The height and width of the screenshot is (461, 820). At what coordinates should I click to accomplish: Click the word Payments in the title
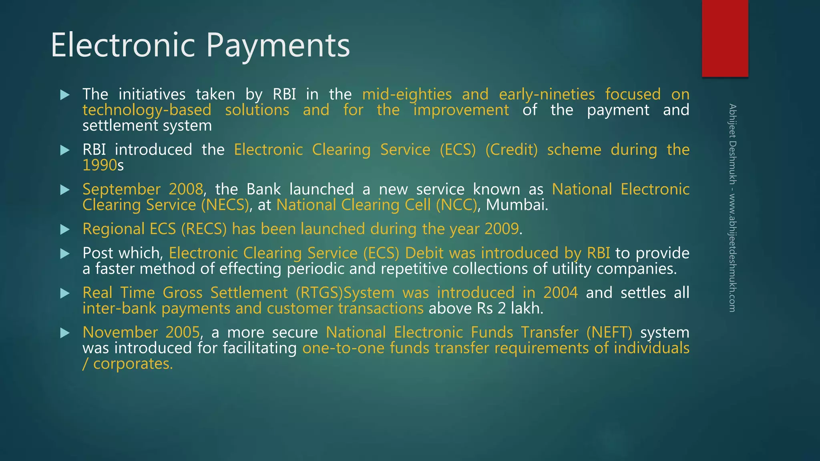pos(278,46)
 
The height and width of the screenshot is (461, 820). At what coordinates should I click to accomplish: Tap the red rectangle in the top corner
pos(725,38)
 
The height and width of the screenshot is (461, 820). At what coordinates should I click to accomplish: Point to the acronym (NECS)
pos(225,205)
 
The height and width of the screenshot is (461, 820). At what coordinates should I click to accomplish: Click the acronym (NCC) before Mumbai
pos(456,205)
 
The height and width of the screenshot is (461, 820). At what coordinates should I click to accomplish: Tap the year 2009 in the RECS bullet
pos(502,229)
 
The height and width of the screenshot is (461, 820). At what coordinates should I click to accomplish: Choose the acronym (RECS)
pos(204,229)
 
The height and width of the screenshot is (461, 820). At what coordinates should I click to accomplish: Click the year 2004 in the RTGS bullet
pos(561,293)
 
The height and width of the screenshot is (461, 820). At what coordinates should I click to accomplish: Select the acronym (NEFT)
pos(609,333)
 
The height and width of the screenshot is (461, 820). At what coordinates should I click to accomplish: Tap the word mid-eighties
pos(407,94)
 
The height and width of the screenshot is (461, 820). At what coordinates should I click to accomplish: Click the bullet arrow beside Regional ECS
pos(65,229)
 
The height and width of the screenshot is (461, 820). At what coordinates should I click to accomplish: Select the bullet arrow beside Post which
pos(65,253)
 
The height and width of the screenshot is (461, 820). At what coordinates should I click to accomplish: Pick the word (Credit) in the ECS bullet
pos(511,150)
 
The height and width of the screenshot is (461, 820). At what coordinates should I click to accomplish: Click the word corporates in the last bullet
pos(133,364)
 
